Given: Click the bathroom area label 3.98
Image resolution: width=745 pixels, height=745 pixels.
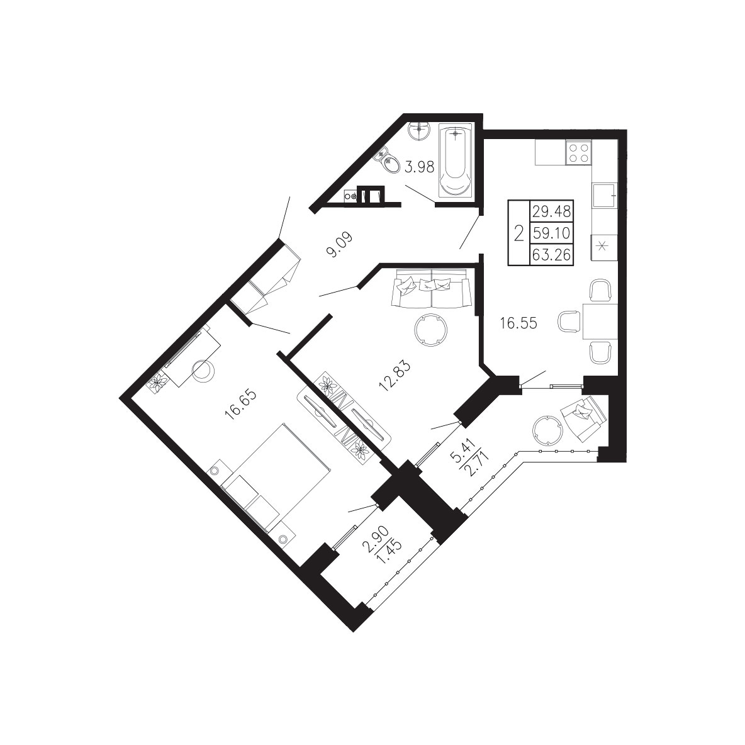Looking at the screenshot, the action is tap(420, 167).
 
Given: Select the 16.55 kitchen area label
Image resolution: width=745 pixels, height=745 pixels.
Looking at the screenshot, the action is tap(518, 323).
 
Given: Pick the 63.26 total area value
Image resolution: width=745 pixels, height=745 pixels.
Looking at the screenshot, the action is tap(551, 255).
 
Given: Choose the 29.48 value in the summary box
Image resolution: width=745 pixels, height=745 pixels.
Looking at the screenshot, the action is tap(551, 211).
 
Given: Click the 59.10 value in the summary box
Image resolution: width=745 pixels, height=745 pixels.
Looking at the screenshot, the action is tap(551, 233).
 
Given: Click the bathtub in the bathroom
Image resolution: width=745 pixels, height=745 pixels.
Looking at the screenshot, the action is tap(456, 160).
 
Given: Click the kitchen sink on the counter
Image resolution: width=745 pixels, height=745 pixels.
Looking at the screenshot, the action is tap(604, 195).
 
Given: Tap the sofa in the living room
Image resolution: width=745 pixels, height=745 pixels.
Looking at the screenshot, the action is tap(430, 288).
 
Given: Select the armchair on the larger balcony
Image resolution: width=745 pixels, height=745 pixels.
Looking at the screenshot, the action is tap(583, 413).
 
